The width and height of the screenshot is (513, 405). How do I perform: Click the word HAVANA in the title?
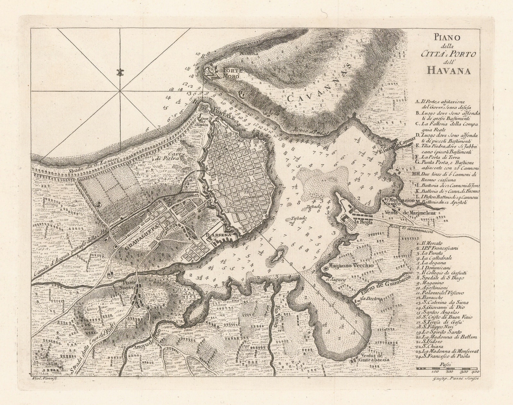tap(449, 70)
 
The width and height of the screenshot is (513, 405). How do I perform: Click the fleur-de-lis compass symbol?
tap(121, 73)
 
